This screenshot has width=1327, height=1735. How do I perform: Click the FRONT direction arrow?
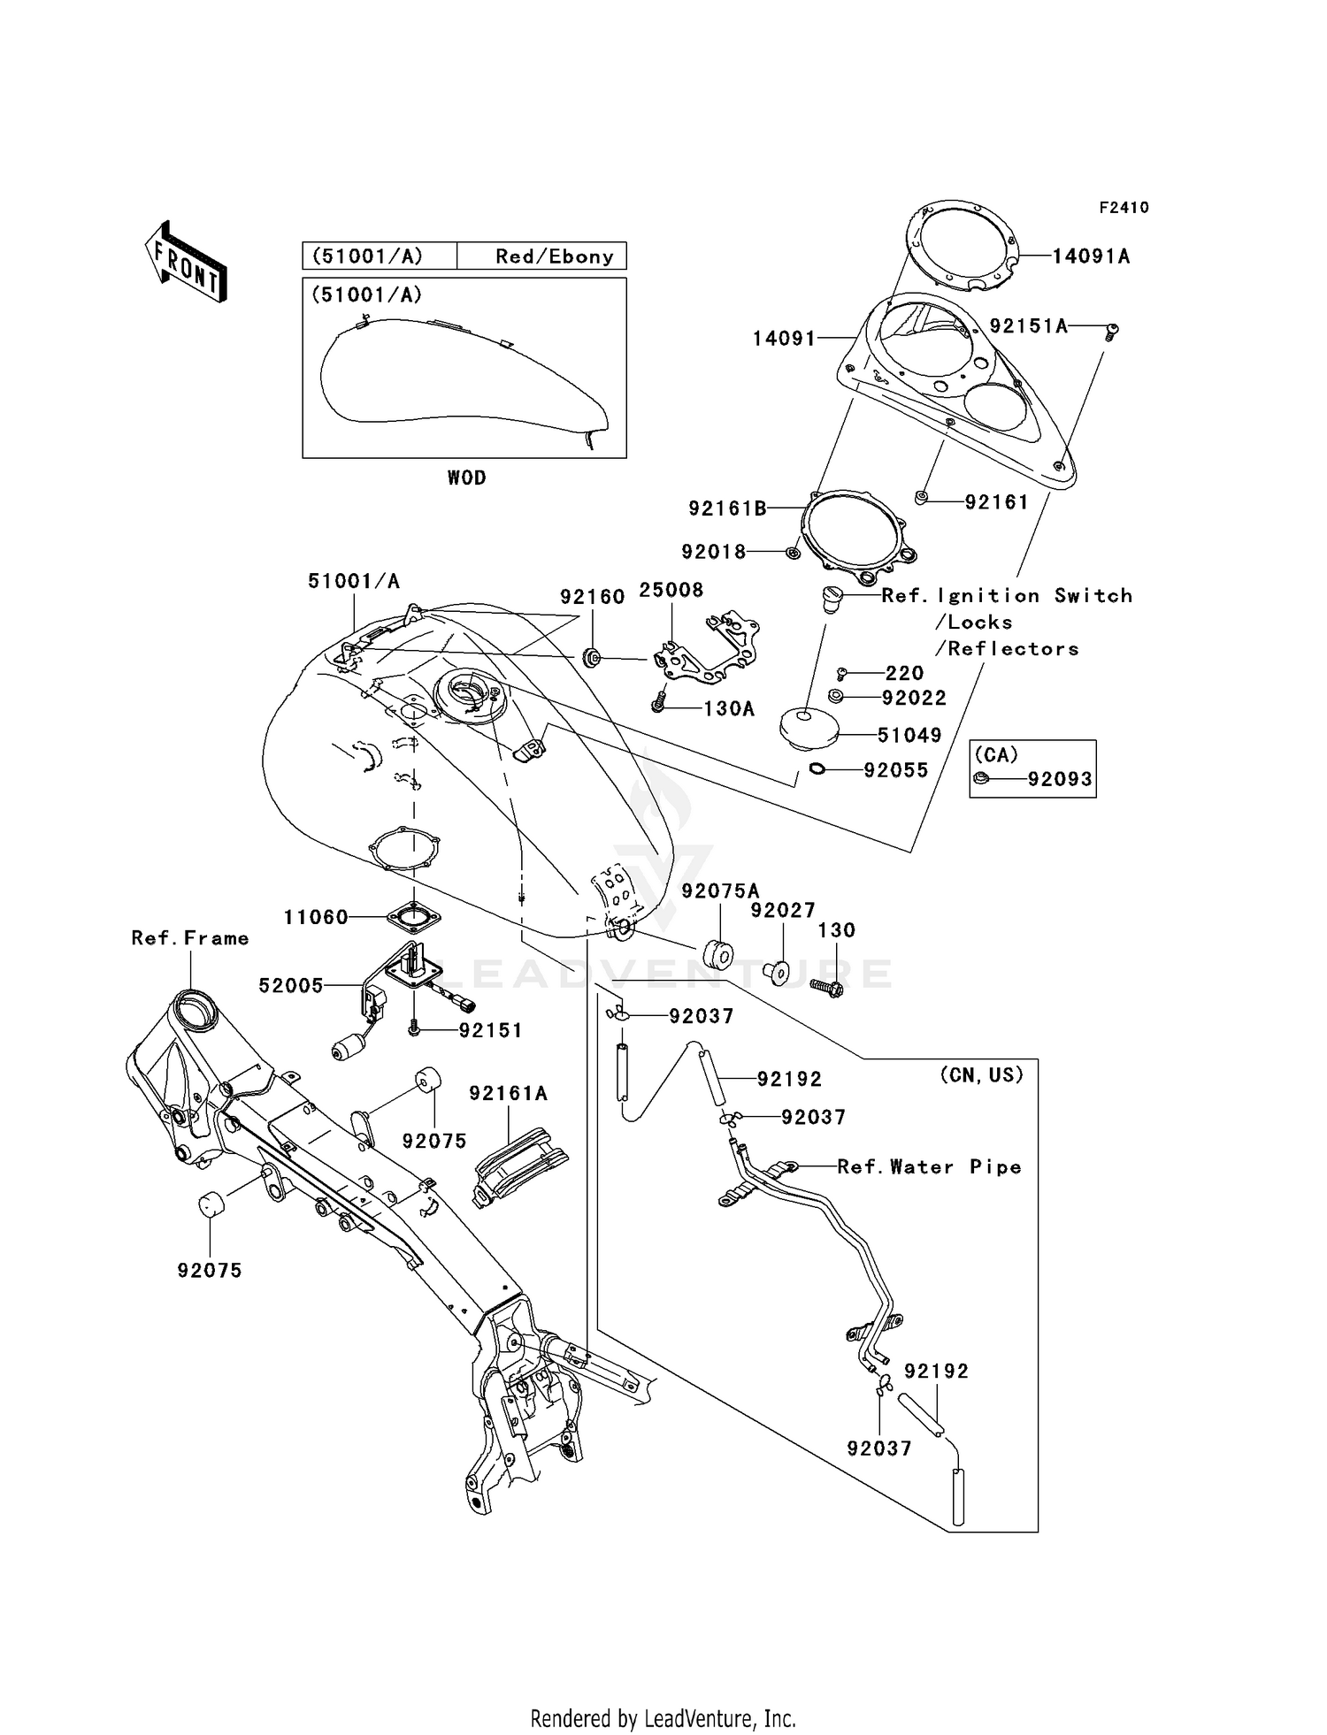[x=187, y=263]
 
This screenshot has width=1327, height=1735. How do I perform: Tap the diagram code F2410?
[x=1124, y=208]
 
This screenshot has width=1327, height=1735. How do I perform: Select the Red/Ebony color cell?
[x=554, y=256]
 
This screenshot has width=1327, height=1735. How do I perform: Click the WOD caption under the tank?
[x=466, y=478]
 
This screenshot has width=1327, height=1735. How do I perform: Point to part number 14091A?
[x=1091, y=256]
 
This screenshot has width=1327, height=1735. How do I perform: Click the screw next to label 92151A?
[x=1113, y=331]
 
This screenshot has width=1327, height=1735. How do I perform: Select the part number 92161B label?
[x=727, y=508]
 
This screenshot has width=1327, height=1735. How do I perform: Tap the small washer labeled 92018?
[x=793, y=553]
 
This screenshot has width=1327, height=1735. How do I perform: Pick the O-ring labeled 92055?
[x=817, y=769]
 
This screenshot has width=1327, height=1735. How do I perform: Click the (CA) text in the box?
[x=996, y=754]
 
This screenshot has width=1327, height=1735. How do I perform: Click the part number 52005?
[x=291, y=985]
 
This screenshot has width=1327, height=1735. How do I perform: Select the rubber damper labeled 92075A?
[x=717, y=955]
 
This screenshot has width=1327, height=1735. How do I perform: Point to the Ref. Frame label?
[x=189, y=938]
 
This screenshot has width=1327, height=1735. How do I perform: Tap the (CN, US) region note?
[x=980, y=1074]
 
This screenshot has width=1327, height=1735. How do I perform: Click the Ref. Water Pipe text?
[x=929, y=1167]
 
